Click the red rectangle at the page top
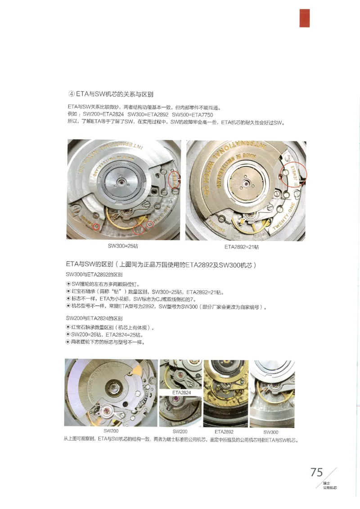tap(305, 18)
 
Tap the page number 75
tap(316, 472)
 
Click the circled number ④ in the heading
tap(71, 94)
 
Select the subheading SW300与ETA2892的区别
tap(94, 274)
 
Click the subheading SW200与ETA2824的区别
tap(94, 318)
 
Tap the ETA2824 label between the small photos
tap(181, 392)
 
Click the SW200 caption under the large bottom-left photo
tap(111, 431)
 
